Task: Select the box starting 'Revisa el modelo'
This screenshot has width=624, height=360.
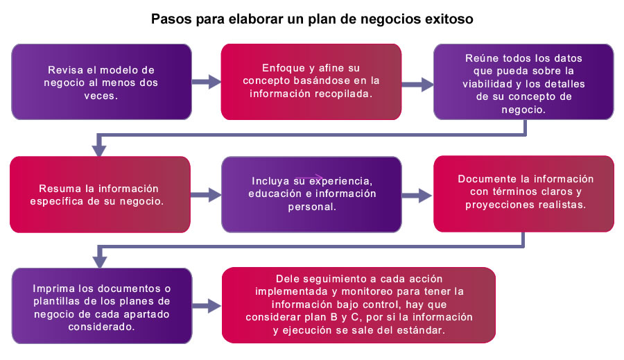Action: point(101,82)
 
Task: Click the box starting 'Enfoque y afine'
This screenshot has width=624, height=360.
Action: point(311,82)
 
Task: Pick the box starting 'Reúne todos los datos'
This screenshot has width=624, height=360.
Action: point(523,82)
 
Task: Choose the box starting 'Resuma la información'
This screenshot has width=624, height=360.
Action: point(100,194)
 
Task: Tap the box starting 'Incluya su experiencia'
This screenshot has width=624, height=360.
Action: point(311,194)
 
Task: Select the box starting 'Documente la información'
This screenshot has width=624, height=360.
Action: point(523,194)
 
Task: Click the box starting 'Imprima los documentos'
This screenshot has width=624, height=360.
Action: point(102,306)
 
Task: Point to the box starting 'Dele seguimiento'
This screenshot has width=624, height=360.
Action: point(358,305)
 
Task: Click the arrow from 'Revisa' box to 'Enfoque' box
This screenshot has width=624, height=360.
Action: point(207,82)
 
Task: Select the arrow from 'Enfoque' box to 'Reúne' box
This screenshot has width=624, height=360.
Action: point(417,85)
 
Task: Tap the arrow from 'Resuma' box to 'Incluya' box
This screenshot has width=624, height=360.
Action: point(206,195)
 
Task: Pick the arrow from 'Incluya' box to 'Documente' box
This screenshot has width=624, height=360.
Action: point(417,195)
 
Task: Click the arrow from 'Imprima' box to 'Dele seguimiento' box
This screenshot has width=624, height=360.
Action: point(207,306)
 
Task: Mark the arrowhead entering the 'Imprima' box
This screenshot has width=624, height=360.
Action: point(99,262)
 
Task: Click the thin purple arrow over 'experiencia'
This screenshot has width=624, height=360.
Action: point(309,177)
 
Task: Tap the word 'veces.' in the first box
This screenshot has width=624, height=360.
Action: point(101,96)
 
